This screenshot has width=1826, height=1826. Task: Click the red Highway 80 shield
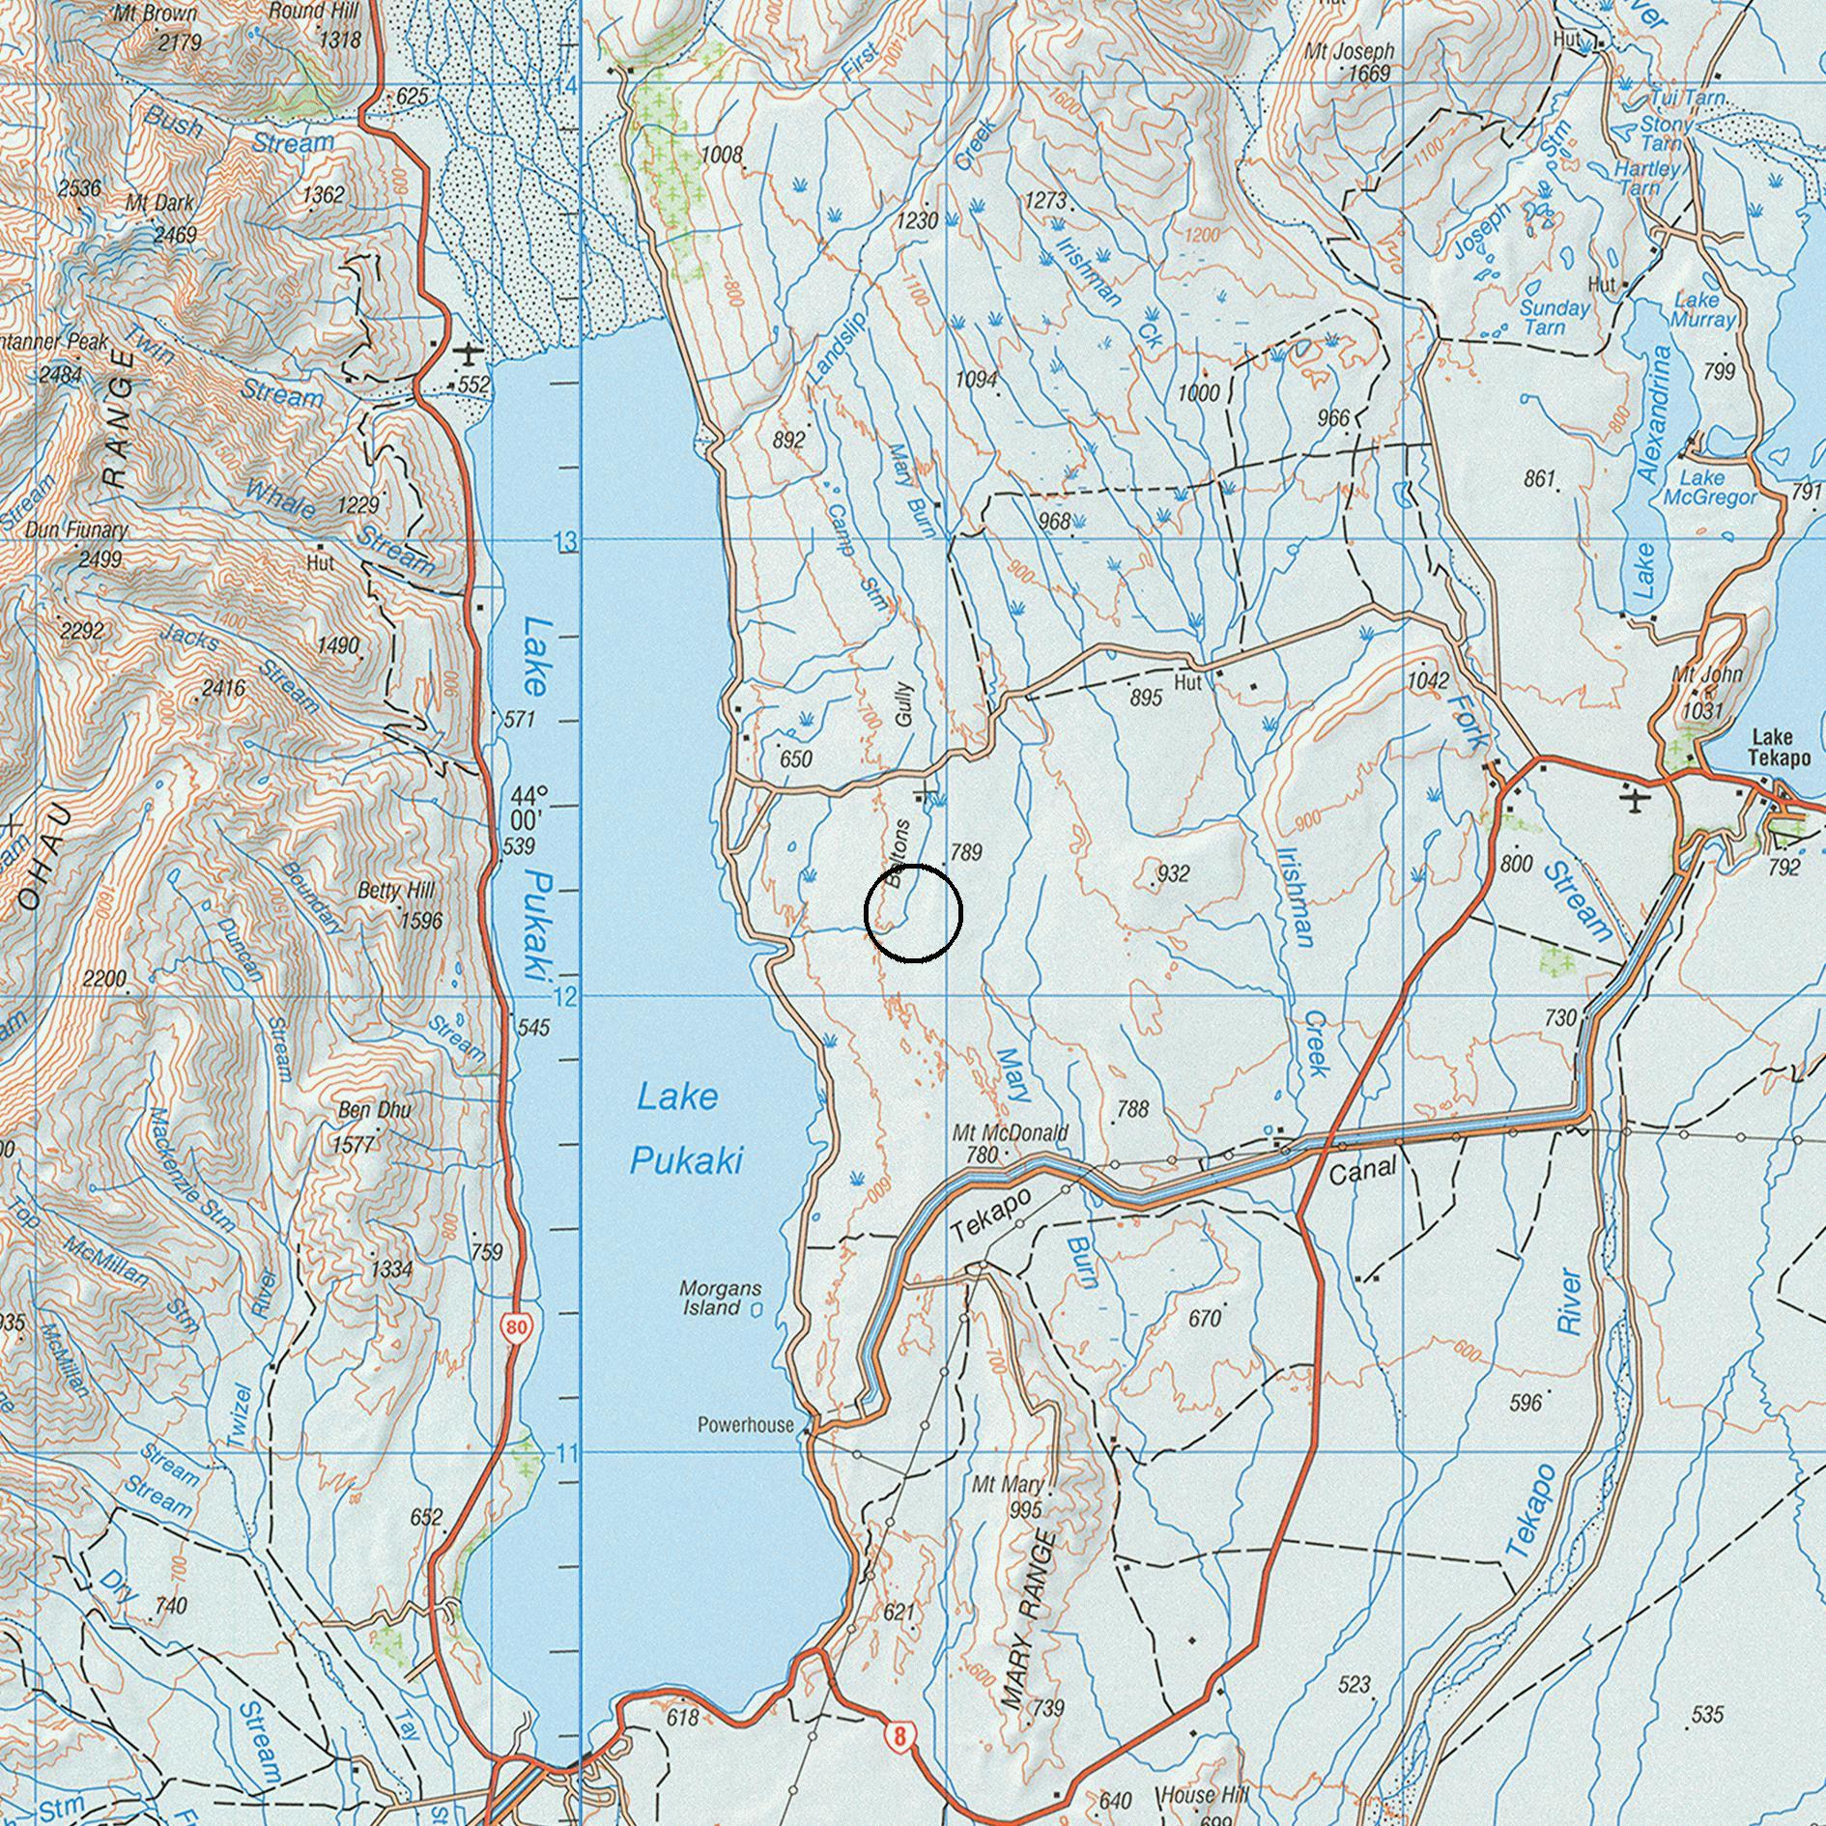516,1327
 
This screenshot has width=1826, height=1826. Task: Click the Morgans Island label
720,1298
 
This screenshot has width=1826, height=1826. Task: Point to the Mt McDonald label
1010,1132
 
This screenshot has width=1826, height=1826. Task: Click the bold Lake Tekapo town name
1779,750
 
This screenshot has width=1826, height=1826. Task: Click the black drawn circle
913,914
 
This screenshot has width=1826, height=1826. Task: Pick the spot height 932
1173,874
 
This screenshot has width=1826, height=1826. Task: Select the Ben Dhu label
374,1110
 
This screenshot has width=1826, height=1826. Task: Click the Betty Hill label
395,890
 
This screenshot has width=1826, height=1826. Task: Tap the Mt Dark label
159,204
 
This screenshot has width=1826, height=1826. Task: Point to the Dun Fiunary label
76,530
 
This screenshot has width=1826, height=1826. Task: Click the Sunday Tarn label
1555,318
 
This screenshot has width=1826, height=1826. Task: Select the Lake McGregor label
1709,488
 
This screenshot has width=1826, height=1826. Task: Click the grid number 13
566,542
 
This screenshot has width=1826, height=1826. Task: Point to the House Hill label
1204,1795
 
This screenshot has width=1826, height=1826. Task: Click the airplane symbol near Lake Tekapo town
1635,801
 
